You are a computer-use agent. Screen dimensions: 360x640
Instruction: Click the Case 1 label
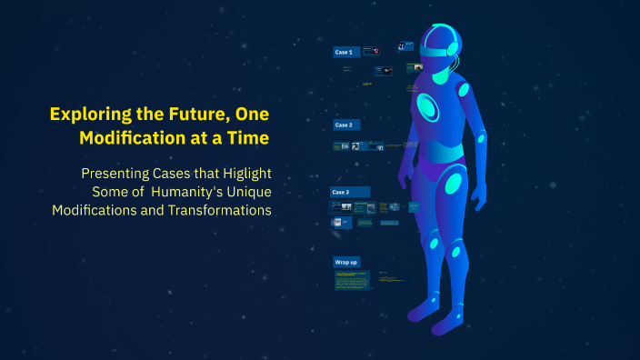click(x=344, y=53)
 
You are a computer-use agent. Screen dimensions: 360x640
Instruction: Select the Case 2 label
click(x=344, y=125)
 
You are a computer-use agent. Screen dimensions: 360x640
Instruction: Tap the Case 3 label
click(x=341, y=193)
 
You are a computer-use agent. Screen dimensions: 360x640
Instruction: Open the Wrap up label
click(x=346, y=262)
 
